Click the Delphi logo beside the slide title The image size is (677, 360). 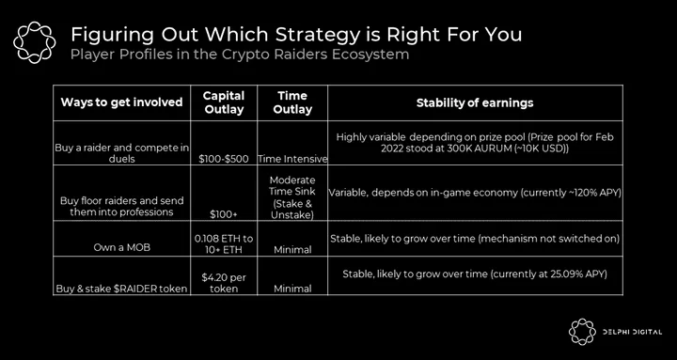pyautogui.click(x=34, y=42)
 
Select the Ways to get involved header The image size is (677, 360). pyautogui.click(x=121, y=102)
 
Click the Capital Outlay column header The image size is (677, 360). pyautogui.click(x=224, y=102)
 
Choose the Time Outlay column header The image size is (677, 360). pyautogui.click(x=292, y=102)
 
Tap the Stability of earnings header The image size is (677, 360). pyautogui.click(x=475, y=102)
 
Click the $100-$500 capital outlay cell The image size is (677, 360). pyautogui.click(x=224, y=159)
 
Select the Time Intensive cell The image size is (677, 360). pyautogui.click(x=292, y=159)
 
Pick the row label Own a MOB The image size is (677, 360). pyautogui.click(x=121, y=248)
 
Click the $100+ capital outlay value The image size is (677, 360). pyautogui.click(x=224, y=214)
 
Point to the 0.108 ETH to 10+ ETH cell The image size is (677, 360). pyautogui.click(x=224, y=243)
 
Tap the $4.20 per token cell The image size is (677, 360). pyautogui.click(x=224, y=283)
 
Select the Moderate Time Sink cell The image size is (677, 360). pyautogui.click(x=292, y=197)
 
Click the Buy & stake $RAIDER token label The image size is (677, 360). pyautogui.click(x=121, y=289)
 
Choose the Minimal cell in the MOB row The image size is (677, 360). pyautogui.click(x=292, y=248)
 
